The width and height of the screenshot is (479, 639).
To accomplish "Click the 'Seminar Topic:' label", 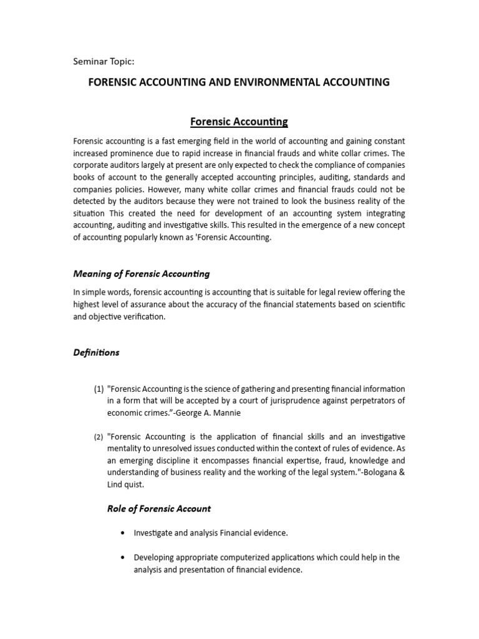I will [104, 61].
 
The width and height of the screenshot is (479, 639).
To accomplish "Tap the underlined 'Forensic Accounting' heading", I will [239, 121].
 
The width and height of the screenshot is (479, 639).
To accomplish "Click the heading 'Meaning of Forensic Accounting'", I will [142, 273].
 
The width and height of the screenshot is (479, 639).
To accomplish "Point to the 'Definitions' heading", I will [96, 353].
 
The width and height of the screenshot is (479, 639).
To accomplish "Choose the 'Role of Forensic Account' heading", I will [159, 509].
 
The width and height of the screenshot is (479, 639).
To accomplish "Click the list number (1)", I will [99, 389].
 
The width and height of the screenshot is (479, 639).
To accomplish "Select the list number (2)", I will [99, 437].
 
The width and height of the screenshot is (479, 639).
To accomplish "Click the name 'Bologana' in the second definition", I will [374, 472].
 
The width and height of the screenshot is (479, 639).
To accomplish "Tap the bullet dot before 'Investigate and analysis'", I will [120, 533].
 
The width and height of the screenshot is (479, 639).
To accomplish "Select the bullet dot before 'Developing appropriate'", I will [120, 557].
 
